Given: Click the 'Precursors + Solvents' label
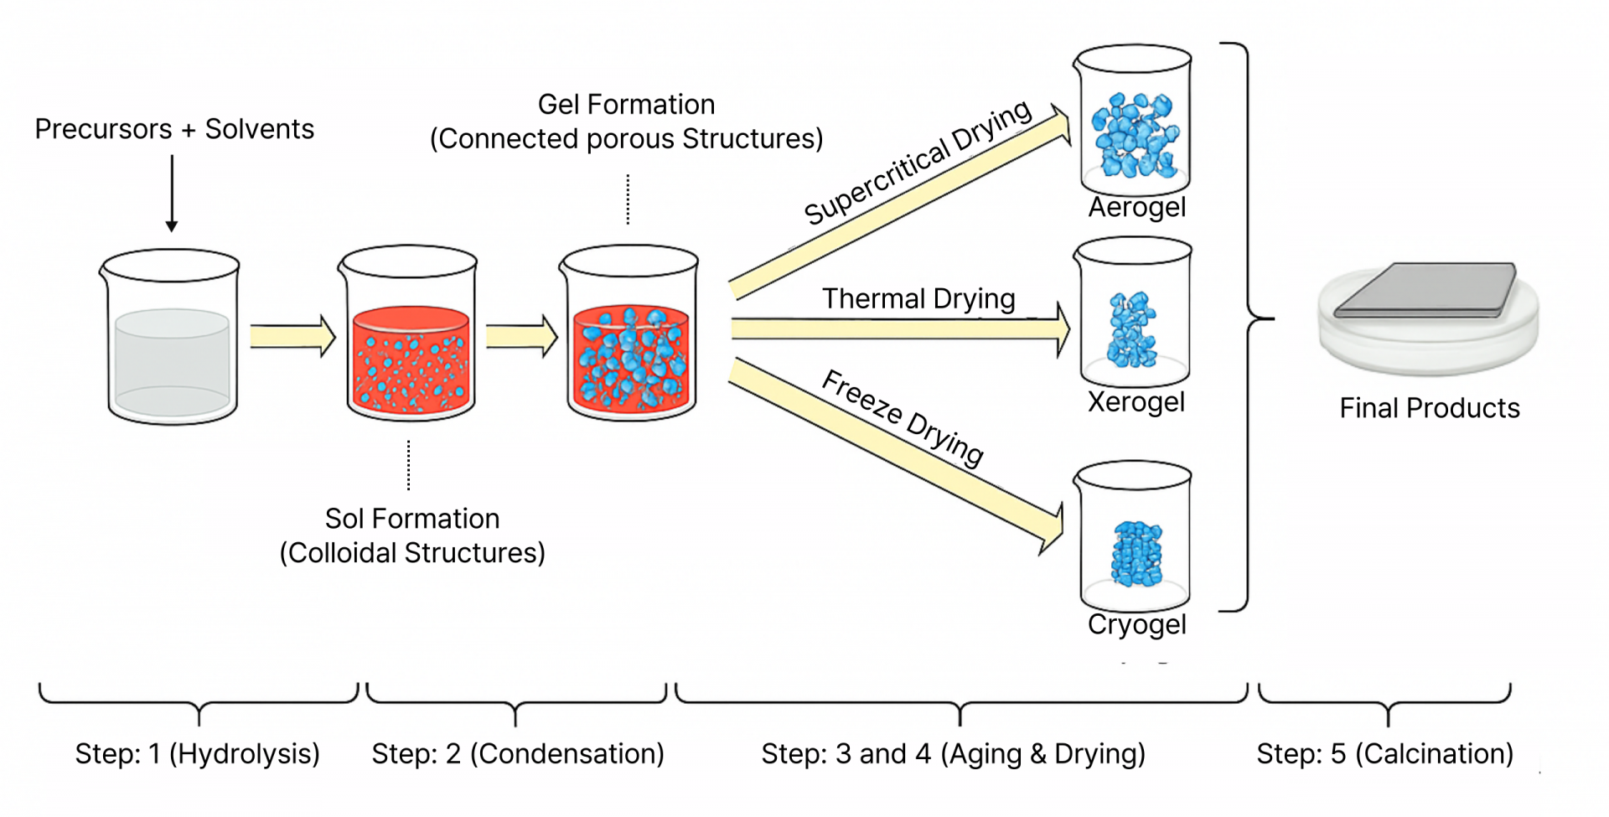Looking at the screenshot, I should click(x=174, y=129).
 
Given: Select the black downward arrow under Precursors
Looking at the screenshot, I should click(x=172, y=193).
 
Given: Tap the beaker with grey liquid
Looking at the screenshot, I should click(x=171, y=337).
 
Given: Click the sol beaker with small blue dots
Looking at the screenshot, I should click(x=409, y=335).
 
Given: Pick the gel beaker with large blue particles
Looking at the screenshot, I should click(x=629, y=335).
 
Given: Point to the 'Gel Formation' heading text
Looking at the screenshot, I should click(x=626, y=105).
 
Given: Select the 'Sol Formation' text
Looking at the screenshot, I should click(x=411, y=519).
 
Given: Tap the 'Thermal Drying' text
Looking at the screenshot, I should click(x=918, y=298).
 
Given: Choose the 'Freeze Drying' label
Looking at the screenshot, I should click(x=903, y=417).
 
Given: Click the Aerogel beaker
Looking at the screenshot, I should click(x=1134, y=122).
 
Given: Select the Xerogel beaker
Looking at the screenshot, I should click(x=1134, y=314).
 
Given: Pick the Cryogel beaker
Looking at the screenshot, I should click(x=1134, y=536).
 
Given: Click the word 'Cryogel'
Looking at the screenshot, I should click(x=1136, y=624).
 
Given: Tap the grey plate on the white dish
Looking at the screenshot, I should click(x=1425, y=290).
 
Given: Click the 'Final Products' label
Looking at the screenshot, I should click(x=1429, y=408).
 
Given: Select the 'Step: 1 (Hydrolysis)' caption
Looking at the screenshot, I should click(x=198, y=753).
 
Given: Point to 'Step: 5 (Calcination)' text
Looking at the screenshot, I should click(x=1384, y=753).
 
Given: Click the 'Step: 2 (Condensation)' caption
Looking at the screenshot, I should click(x=518, y=753).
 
